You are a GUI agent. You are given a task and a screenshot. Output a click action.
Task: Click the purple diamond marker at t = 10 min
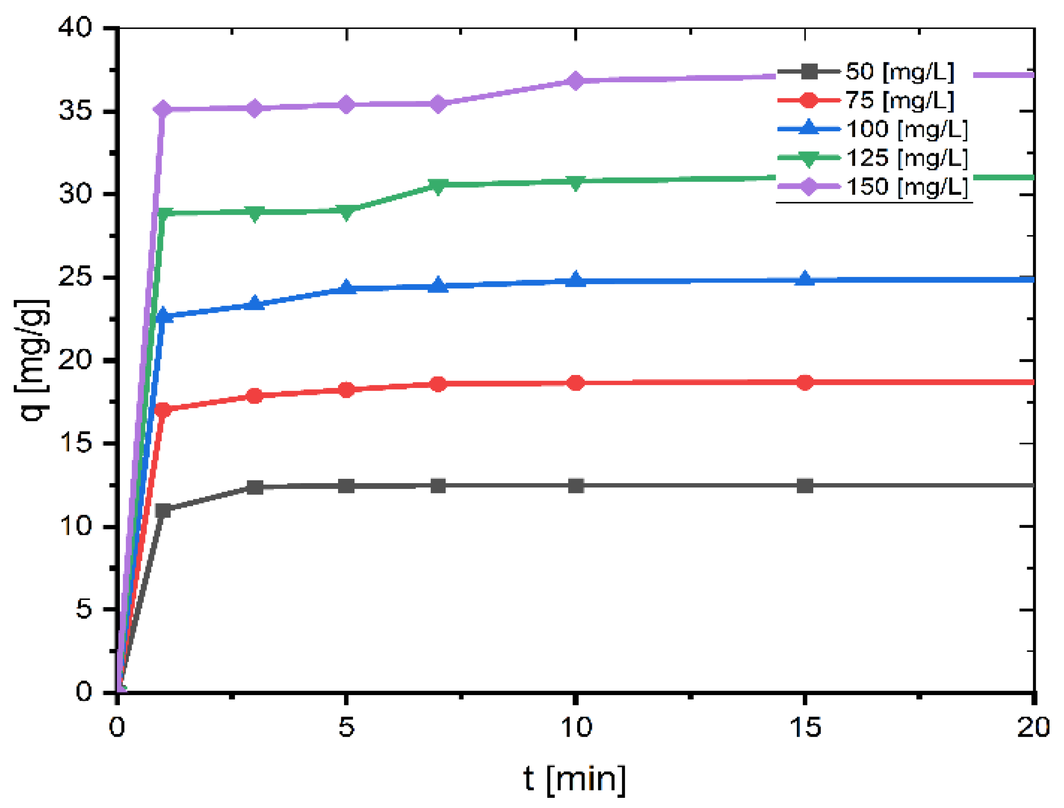pos(576,81)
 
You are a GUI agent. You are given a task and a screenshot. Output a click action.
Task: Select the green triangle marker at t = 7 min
pos(438,186)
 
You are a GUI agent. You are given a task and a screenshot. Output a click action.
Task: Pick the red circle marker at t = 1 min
pos(163,410)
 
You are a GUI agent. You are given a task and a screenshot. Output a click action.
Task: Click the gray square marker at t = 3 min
pos(255,487)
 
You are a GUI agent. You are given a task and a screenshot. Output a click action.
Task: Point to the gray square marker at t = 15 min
pos(805,486)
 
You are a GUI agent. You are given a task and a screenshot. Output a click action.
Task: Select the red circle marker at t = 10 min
pos(576,383)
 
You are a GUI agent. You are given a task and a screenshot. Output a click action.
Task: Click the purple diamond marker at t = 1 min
pos(163,109)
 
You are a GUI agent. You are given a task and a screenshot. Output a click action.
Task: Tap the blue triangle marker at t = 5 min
pos(346,288)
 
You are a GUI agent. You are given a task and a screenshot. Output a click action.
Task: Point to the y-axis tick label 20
pos(75,360)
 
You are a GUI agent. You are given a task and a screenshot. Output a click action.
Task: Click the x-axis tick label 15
pos(805,727)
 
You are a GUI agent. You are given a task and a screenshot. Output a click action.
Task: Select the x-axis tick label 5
pos(346,727)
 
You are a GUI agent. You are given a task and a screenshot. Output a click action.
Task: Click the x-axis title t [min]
pos(575,779)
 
